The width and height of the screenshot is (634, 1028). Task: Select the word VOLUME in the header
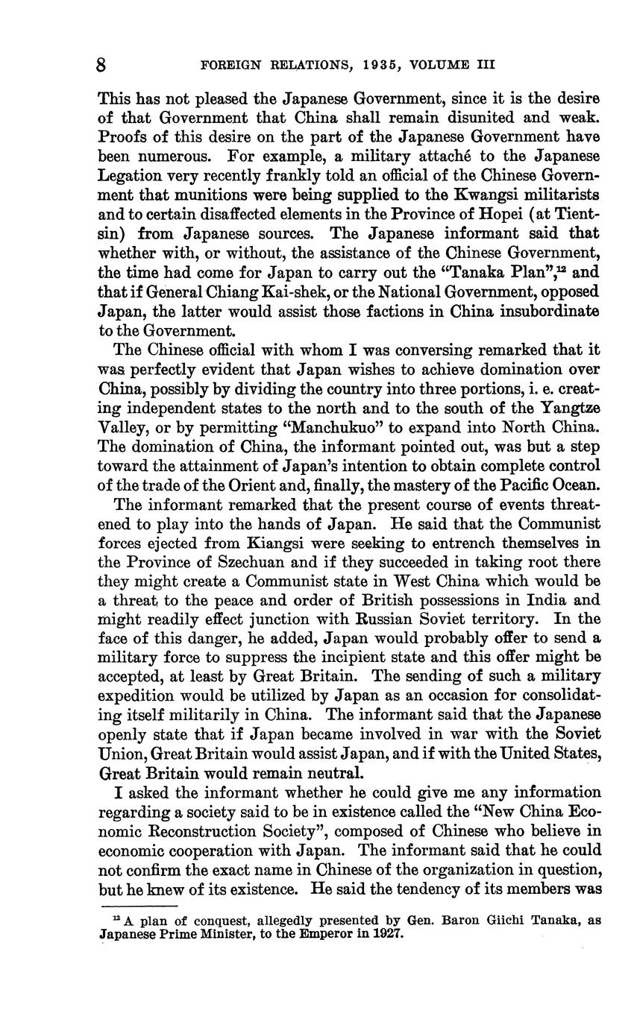(x=433, y=65)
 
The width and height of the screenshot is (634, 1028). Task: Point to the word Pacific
(x=509, y=485)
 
